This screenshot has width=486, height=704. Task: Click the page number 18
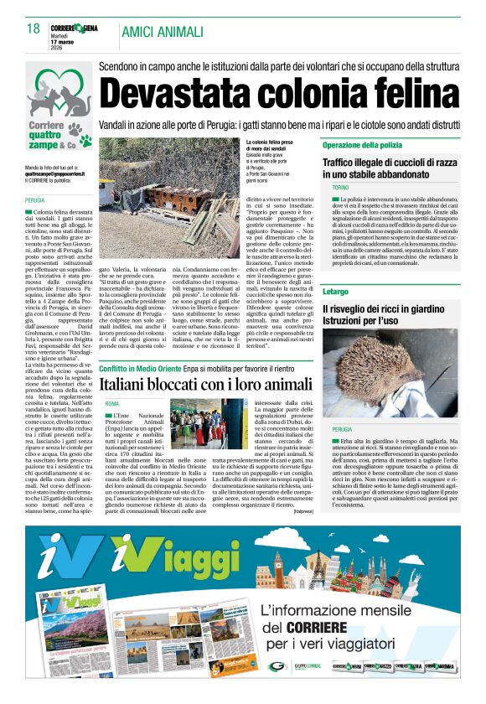[34, 29]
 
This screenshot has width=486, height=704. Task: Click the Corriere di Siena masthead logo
[75, 27]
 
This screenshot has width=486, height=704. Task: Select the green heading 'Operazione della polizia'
[363, 146]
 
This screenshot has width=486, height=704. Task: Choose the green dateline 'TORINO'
[340, 188]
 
